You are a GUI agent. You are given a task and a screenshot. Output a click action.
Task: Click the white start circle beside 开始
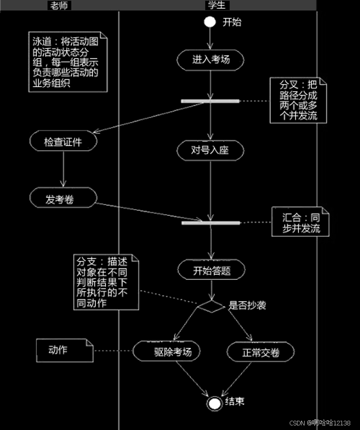[x=210, y=22]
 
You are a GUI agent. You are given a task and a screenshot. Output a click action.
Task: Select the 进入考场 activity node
[x=211, y=59]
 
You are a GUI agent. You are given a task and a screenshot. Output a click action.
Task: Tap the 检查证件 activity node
[x=63, y=142]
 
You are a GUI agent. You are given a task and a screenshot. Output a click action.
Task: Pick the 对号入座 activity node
[x=210, y=150]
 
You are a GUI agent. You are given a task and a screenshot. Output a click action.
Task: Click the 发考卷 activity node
[x=63, y=199]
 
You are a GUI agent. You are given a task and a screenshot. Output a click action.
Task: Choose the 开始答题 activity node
[x=211, y=270]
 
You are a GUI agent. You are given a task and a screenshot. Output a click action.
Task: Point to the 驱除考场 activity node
[x=166, y=352]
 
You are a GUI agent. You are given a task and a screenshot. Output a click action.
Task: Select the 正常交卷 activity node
[x=261, y=352]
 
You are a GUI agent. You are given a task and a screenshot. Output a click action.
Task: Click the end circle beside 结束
[x=214, y=403]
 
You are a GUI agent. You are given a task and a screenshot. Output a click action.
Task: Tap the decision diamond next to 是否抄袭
[x=211, y=306]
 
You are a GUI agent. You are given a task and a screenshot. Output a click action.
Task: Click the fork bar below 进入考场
[x=210, y=101]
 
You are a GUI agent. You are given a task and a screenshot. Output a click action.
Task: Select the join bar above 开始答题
[x=211, y=223]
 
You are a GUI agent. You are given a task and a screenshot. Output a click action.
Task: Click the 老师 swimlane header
[x=59, y=5]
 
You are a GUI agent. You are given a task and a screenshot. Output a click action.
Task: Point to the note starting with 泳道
[x=67, y=62]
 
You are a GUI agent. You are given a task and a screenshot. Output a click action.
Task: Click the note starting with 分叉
[x=298, y=100]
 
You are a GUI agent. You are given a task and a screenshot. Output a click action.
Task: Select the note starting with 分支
[x=105, y=282]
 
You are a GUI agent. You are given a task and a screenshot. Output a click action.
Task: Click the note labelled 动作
[x=64, y=351]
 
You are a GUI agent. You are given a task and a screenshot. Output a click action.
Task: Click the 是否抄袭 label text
[x=247, y=306]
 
